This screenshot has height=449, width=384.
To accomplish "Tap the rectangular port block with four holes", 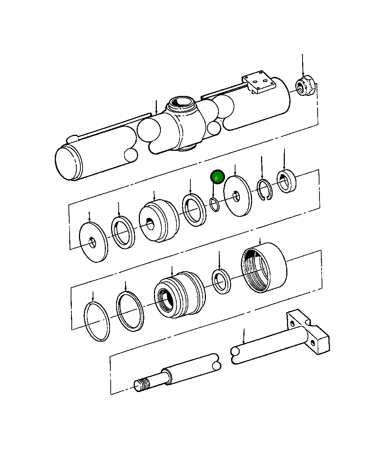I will click(259, 82).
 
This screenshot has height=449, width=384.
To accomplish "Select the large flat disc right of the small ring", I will click(237, 196).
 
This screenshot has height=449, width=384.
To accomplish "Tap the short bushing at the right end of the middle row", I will click(286, 181).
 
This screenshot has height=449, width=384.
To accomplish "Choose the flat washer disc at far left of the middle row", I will click(93, 241).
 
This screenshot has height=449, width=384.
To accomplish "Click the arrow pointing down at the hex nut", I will click(303, 65).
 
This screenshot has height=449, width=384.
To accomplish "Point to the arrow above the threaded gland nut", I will click(260, 241).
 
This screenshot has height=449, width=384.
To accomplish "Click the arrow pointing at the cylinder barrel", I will click(156, 107).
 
